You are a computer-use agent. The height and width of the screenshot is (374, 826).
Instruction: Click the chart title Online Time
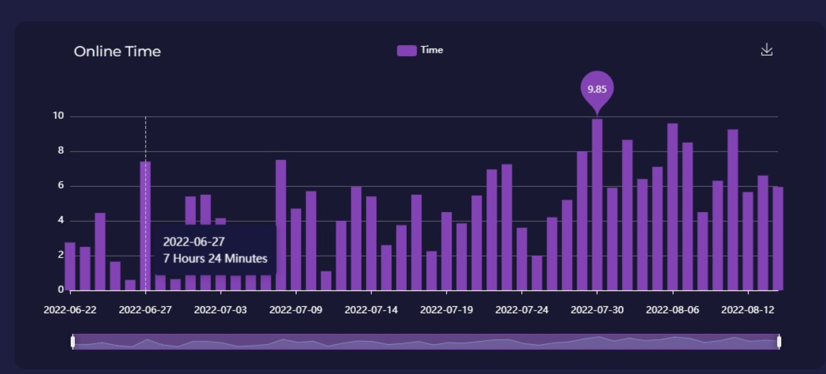tap(117, 51)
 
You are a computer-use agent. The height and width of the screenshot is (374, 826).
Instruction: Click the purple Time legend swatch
tap(407, 51)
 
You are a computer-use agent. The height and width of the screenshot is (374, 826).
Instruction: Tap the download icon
tap(766, 49)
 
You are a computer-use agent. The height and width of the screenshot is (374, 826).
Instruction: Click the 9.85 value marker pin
tap(597, 89)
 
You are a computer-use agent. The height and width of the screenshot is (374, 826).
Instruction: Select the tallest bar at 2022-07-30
tap(597, 203)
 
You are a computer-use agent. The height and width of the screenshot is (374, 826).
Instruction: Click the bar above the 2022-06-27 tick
tap(146, 190)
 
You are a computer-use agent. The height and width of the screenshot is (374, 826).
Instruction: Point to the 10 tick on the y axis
tap(58, 116)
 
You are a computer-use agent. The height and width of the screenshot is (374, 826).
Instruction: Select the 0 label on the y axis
tap(61, 289)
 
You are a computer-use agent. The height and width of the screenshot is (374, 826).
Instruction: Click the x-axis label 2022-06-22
tap(70, 310)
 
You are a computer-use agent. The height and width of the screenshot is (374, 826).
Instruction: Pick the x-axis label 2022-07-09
tap(296, 310)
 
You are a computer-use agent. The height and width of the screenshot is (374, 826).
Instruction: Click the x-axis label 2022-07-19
tap(447, 310)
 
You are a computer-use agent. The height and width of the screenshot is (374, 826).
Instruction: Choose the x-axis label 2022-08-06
tap(673, 310)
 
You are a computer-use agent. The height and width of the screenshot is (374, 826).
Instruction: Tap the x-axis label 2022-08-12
tap(748, 310)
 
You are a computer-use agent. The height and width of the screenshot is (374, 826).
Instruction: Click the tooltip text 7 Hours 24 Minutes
tap(215, 258)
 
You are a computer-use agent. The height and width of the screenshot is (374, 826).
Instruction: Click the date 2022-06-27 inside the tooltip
tap(194, 242)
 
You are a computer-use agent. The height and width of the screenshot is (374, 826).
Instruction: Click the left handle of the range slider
tap(73, 342)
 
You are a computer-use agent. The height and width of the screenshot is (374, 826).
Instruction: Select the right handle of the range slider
tap(778, 342)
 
